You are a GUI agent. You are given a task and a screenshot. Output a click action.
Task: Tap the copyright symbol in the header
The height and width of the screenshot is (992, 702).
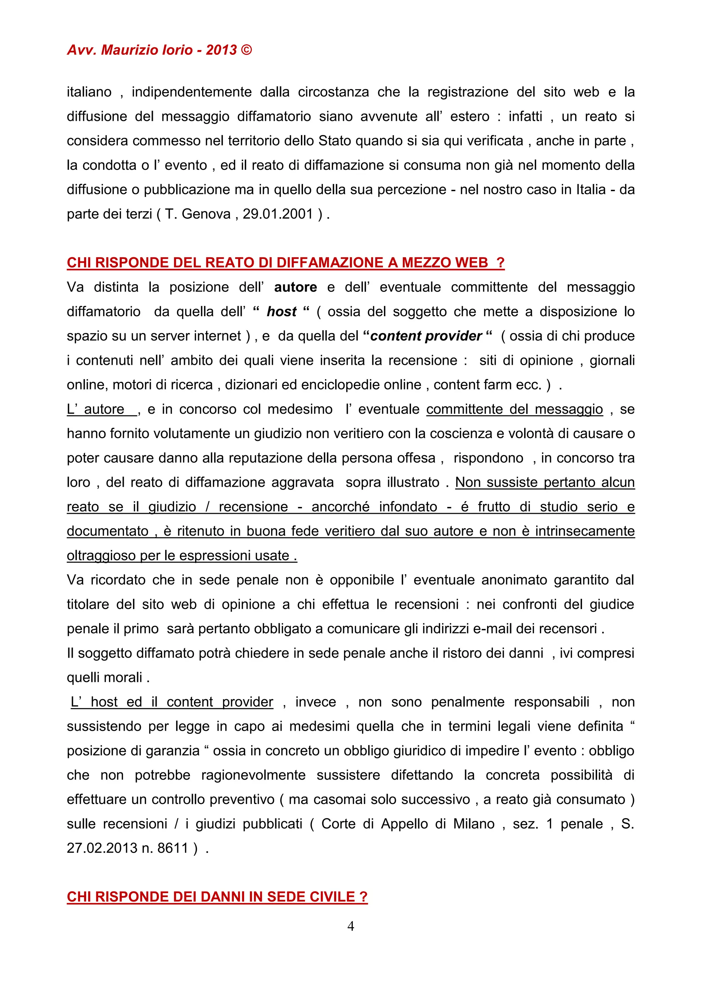point(246,50)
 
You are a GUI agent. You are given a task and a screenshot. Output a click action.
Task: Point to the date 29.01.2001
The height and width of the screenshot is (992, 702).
point(278,214)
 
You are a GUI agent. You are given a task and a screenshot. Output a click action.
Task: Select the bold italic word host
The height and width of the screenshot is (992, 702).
point(281,311)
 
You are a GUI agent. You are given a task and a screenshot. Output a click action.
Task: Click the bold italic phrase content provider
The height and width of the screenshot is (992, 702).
point(426,336)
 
